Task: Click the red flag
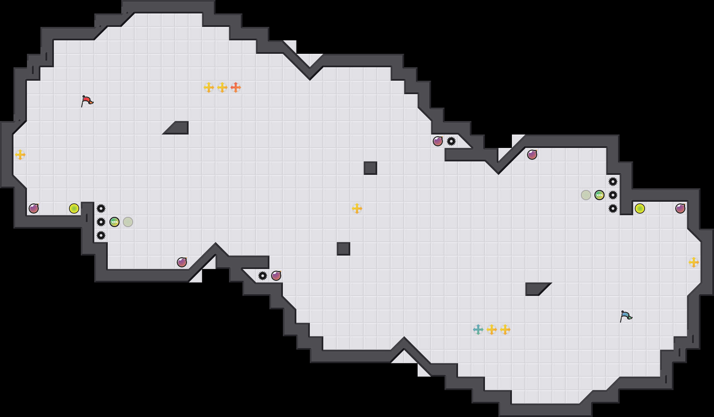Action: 87,101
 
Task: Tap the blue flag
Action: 626,316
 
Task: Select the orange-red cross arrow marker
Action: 236,87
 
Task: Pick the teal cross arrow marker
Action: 478,330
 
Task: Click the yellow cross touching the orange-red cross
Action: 222,87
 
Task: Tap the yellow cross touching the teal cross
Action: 492,330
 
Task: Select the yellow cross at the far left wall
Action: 20,155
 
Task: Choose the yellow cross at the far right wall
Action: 694,262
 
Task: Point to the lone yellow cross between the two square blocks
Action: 357,208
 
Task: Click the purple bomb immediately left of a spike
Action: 438,141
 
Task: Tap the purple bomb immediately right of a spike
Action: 276,276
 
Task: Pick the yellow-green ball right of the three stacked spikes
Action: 640,208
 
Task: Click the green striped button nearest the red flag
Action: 115,222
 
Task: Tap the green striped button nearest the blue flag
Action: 599,195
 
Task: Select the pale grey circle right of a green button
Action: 128,222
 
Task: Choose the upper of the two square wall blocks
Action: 370,168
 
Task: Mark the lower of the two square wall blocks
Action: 344,249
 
